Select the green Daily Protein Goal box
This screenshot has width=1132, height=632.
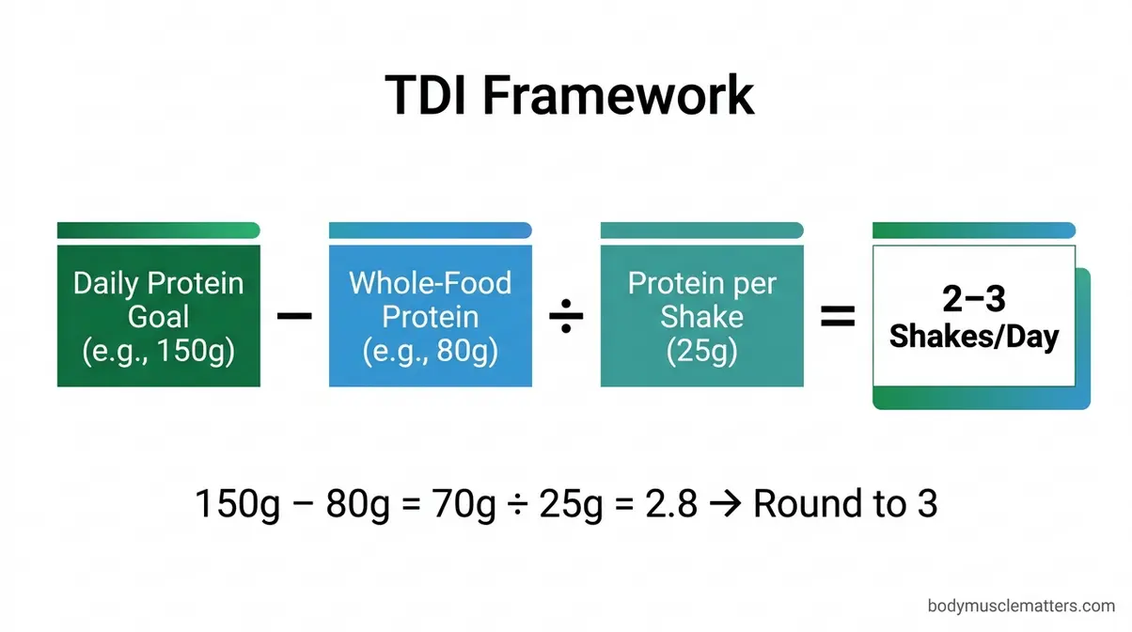[x=158, y=315]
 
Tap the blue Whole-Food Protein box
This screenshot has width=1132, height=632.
[x=430, y=315]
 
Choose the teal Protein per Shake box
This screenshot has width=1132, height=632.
[x=701, y=315]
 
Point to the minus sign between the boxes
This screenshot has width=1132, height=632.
[x=294, y=317]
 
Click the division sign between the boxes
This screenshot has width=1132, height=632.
[x=566, y=318]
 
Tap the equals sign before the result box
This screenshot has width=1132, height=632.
[x=838, y=318]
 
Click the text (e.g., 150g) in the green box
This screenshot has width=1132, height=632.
[x=158, y=351]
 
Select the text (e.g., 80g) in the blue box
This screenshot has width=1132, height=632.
[x=430, y=351]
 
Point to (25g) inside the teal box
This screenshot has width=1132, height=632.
[x=701, y=351]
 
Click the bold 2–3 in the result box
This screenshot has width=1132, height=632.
[x=973, y=299]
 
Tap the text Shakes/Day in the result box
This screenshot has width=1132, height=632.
[x=973, y=336]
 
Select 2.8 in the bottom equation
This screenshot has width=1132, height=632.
[x=668, y=504]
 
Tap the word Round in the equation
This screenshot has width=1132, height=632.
[x=800, y=504]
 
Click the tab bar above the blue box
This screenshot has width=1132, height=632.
[x=430, y=230]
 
